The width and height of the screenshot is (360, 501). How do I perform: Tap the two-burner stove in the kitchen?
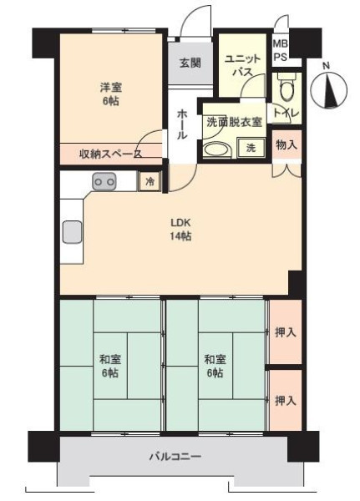(104, 181)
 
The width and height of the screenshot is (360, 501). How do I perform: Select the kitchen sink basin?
(72, 231)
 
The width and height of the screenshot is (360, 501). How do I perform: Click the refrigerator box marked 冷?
(150, 181)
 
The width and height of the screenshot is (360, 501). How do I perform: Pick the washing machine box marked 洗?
(251, 148)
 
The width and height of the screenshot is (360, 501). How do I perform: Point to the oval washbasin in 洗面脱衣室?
(217, 150)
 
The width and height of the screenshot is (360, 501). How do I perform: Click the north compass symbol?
(329, 90)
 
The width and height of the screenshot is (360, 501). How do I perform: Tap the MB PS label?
(281, 50)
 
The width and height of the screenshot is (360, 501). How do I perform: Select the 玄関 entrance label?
(190, 63)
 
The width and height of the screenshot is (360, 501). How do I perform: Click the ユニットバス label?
(243, 65)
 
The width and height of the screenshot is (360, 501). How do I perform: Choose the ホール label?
(182, 124)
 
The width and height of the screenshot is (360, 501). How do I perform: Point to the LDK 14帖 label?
(181, 229)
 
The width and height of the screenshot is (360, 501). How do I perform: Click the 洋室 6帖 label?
(110, 94)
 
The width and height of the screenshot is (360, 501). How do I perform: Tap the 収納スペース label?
(110, 154)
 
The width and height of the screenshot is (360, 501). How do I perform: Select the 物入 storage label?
(286, 145)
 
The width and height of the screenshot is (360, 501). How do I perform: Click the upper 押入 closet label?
(286, 333)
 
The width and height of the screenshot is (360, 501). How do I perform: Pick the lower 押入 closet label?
(286, 401)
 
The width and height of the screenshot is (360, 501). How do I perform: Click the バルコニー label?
(175, 456)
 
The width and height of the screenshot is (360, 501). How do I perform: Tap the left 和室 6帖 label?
(110, 367)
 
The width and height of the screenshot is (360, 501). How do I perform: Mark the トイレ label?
(286, 113)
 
